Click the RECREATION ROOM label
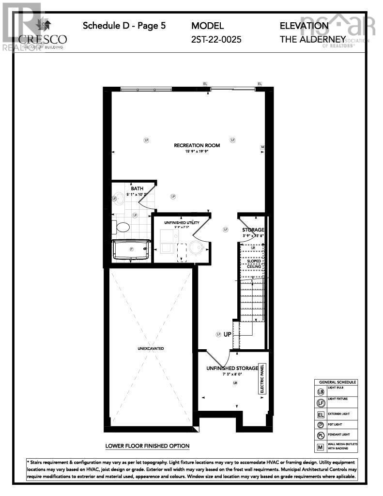tap(197, 145)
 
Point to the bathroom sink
tap(116, 198)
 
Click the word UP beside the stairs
tap(227, 334)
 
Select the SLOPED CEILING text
tap(254, 264)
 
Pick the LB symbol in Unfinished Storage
tap(235, 383)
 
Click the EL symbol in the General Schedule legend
tap(320, 415)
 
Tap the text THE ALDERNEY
tap(312, 39)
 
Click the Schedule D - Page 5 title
tap(124, 26)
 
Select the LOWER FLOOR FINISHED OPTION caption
tap(147, 446)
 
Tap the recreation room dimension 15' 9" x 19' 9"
tap(197, 152)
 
